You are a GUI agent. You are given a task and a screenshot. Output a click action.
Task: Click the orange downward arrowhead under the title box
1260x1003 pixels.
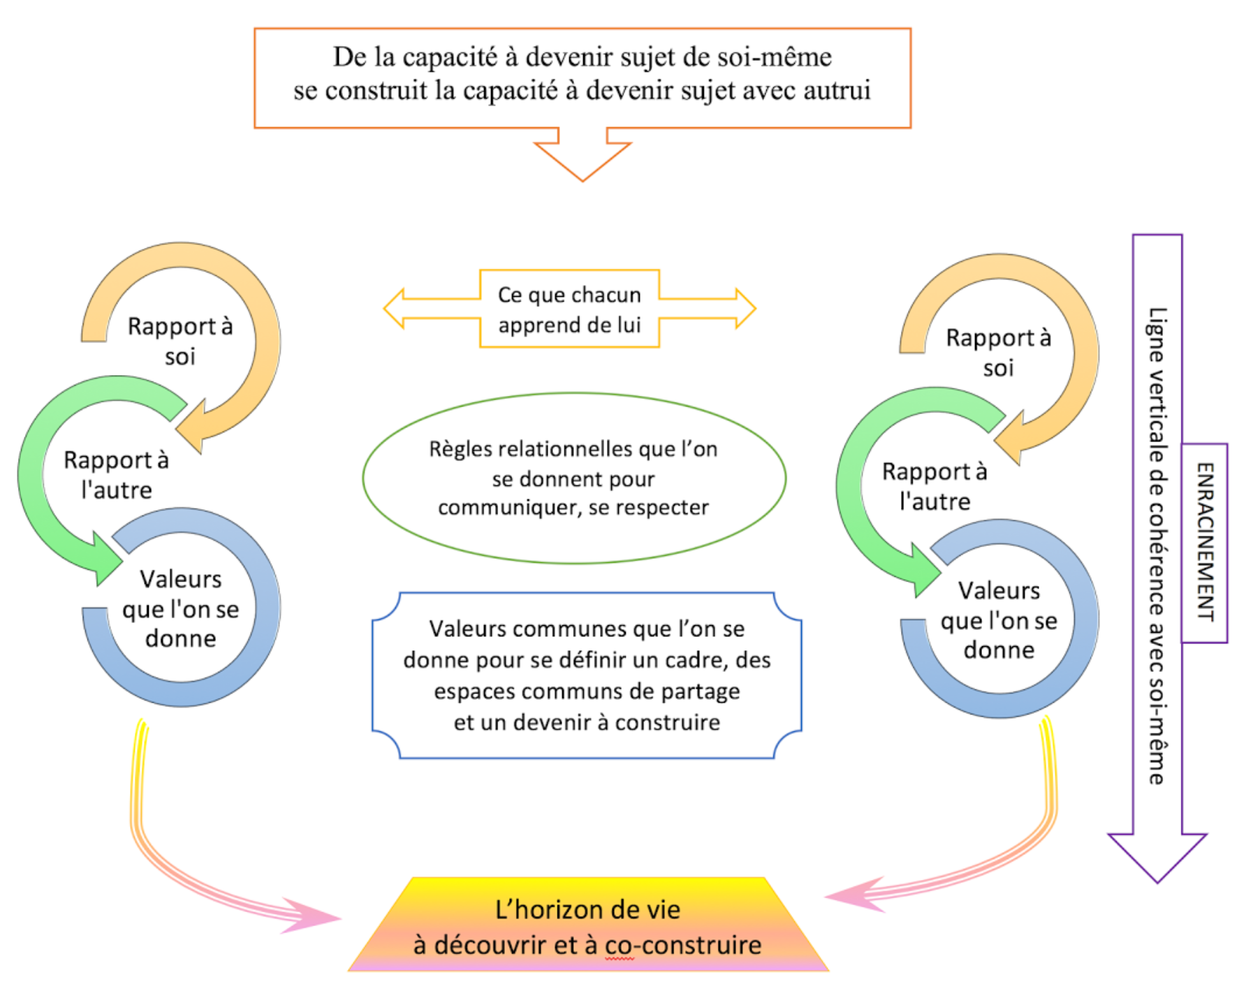[583, 159]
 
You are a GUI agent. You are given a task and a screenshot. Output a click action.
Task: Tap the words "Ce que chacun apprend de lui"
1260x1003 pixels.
[569, 309]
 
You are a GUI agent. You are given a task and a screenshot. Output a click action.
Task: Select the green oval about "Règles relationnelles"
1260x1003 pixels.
[574, 478]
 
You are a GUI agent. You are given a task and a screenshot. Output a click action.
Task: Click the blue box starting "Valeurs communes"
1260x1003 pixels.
[587, 675]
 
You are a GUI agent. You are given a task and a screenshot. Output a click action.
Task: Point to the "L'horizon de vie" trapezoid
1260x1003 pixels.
[587, 925]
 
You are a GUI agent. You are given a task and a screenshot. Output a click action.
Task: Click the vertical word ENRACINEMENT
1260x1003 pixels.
[1205, 542]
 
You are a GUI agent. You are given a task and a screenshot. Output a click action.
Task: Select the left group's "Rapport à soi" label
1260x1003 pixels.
[180, 341]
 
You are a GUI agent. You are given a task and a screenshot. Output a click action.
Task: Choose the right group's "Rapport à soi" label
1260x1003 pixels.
[998, 353]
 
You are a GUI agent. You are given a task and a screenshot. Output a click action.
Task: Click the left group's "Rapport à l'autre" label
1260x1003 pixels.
[117, 474]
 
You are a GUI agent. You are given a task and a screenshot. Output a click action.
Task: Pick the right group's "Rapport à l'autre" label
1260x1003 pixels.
[935, 486]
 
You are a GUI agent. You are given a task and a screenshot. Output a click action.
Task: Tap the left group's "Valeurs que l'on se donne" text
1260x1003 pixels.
[180, 608]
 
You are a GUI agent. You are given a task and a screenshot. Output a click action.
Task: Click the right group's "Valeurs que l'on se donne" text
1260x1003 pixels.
[999, 620]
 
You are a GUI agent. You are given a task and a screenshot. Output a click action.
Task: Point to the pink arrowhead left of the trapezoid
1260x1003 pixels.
[314, 916]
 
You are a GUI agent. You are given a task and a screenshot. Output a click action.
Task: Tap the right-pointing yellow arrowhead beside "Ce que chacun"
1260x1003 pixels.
[745, 309]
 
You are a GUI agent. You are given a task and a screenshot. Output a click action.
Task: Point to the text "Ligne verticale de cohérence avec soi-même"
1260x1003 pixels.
[1157, 545]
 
